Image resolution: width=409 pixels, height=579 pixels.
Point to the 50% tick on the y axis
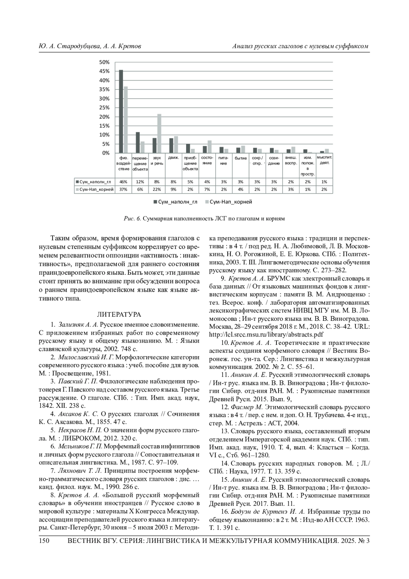104,62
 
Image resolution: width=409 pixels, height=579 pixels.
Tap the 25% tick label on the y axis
104,107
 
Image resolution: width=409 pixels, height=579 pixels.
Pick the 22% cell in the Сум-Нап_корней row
156,189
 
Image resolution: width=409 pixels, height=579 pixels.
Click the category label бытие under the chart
241,158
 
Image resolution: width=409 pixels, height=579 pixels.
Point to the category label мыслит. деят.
324,160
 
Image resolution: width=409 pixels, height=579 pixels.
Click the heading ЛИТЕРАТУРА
119,314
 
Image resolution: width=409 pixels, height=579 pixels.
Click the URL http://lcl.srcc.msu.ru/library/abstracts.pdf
266,334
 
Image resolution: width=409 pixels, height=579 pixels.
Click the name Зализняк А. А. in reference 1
78,324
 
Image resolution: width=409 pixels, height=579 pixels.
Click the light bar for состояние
210,147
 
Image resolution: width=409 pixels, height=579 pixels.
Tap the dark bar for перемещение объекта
138,143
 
